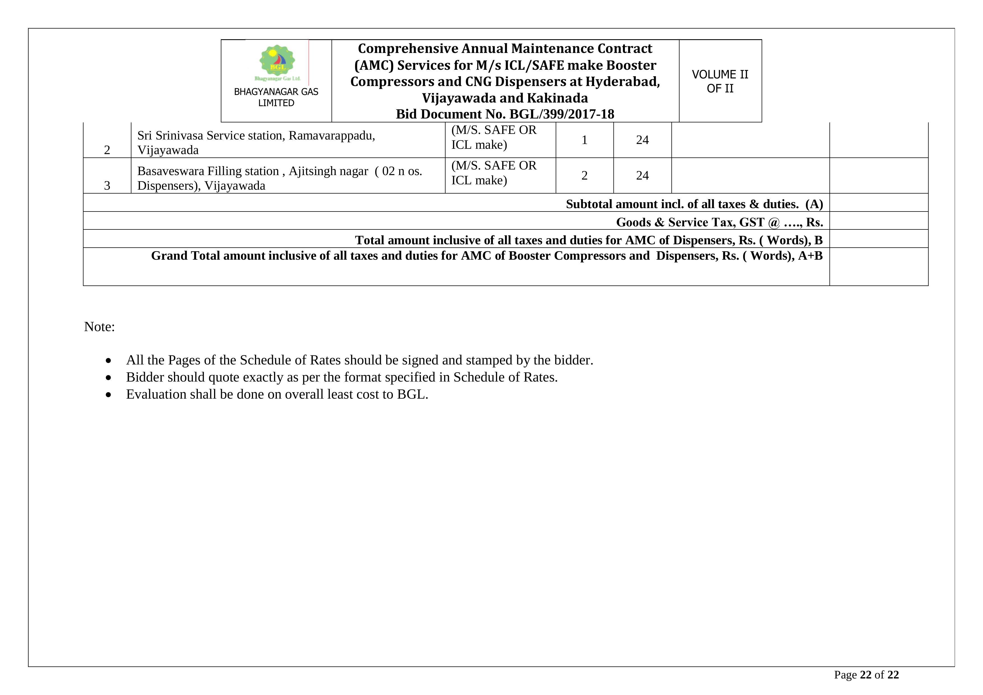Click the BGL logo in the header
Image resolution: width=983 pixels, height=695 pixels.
(x=277, y=62)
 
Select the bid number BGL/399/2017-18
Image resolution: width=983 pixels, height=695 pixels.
(x=561, y=114)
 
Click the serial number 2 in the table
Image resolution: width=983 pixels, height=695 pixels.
(x=107, y=150)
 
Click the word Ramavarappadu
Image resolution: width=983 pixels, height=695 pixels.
(x=331, y=136)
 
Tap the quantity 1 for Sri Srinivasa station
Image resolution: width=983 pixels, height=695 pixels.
(x=585, y=140)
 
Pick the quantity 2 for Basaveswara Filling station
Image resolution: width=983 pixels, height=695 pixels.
(x=585, y=175)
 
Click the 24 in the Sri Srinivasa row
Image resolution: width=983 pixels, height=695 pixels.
(x=642, y=140)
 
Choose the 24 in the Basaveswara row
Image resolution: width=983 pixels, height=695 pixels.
(x=642, y=175)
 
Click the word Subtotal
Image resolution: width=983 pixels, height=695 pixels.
(x=589, y=204)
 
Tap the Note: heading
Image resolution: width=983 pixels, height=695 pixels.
(x=99, y=327)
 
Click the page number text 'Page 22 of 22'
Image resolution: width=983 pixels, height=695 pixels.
(x=866, y=675)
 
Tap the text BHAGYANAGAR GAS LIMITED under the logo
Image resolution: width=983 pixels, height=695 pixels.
(x=276, y=97)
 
